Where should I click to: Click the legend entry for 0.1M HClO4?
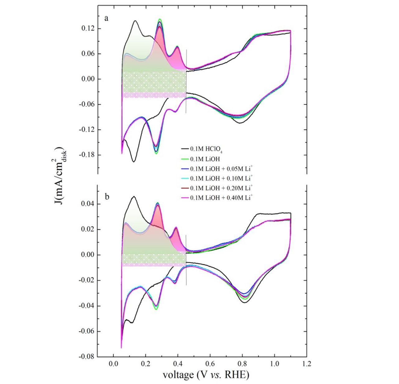[206, 149]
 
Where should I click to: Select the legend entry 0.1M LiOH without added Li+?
[205, 159]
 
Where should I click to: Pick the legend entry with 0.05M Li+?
[221, 169]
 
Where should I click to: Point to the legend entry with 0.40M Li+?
[221, 197]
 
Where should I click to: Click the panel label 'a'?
[107, 18]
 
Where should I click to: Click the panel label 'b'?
[107, 197]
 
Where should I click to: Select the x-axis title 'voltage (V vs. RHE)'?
[206, 374]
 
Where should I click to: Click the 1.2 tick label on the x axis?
[307, 364]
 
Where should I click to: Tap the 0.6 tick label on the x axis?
[210, 364]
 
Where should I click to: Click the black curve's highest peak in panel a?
[135, 21]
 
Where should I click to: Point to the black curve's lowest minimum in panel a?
[134, 162]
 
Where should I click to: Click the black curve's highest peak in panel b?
[134, 197]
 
